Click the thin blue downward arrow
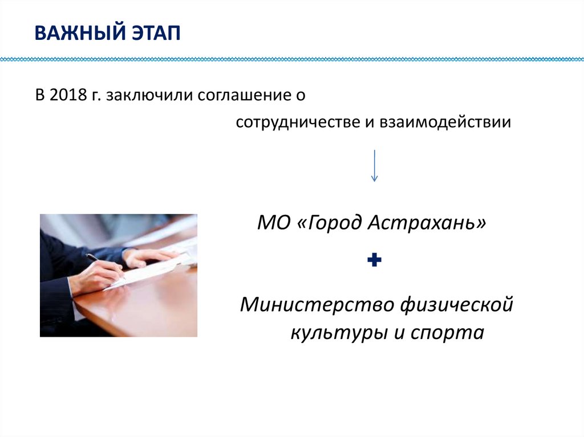pos(374,165)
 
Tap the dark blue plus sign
pos(374,261)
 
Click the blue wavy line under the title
pos(292,59)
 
